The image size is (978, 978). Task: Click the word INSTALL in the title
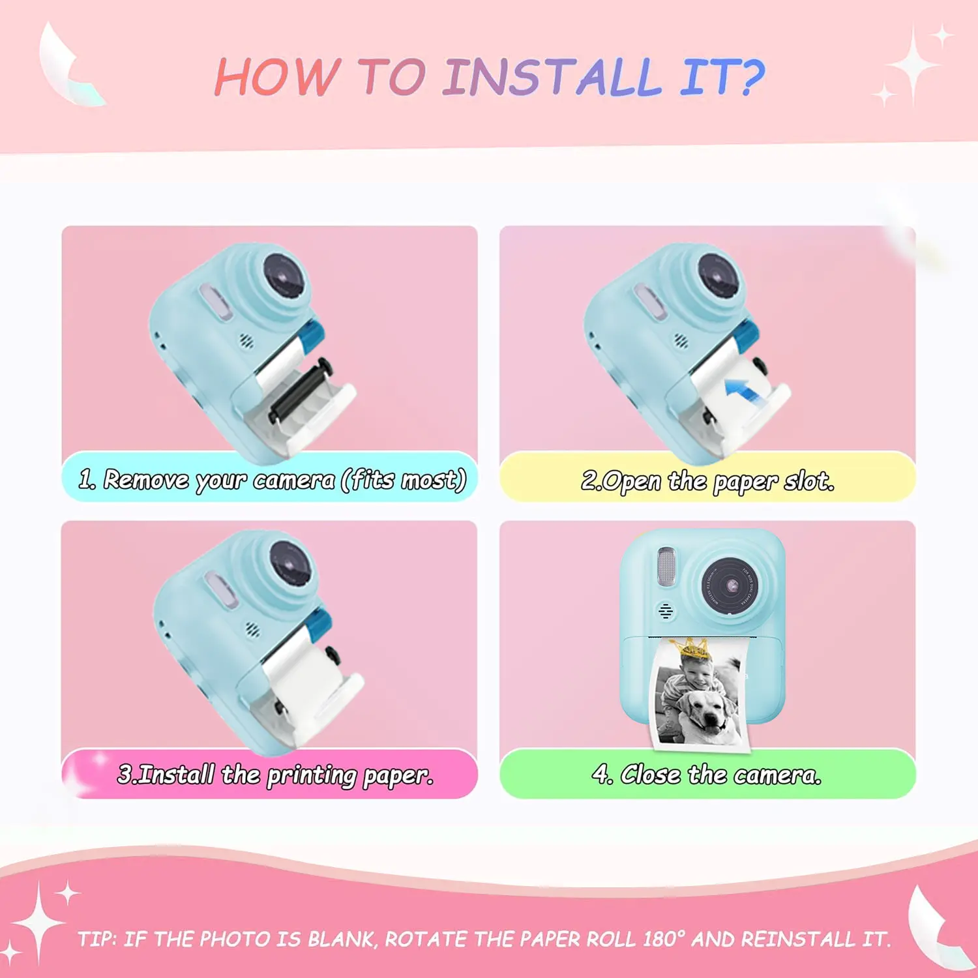point(552,77)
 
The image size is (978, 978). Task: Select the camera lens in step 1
point(285,276)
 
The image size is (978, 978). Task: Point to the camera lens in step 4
point(730,585)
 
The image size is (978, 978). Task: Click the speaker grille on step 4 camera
point(665,611)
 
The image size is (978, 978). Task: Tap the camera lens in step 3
point(289,563)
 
